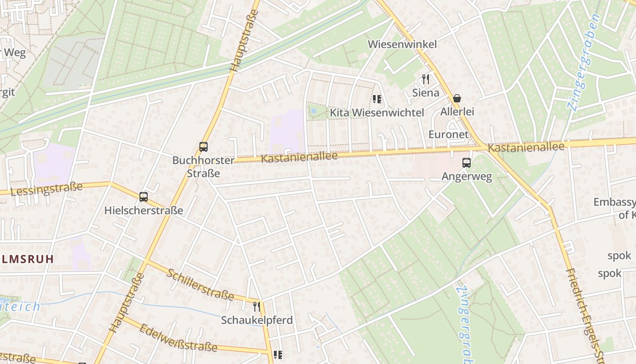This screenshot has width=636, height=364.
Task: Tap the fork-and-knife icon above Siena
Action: click(426, 79)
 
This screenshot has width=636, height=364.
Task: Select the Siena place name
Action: click(426, 93)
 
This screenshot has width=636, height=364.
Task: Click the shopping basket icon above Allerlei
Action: click(457, 98)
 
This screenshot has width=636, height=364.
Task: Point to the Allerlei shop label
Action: click(457, 111)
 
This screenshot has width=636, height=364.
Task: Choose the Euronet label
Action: click(448, 134)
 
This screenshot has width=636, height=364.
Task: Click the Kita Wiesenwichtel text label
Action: click(377, 112)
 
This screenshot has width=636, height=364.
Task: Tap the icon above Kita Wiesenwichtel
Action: click(377, 99)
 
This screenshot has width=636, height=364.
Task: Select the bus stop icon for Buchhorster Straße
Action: click(204, 147)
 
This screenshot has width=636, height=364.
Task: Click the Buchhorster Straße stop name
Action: click(203, 167)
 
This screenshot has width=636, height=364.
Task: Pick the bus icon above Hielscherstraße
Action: click(144, 197)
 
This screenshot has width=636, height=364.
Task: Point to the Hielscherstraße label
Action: click(144, 210)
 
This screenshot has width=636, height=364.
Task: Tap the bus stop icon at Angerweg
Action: click(467, 163)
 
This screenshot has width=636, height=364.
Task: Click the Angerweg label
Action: click(467, 177)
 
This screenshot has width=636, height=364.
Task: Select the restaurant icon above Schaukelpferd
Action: click(257, 306)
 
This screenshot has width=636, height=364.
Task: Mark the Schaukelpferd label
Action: click(257, 320)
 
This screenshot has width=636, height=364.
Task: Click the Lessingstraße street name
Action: click(46, 189)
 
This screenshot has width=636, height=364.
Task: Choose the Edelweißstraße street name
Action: click(179, 338)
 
